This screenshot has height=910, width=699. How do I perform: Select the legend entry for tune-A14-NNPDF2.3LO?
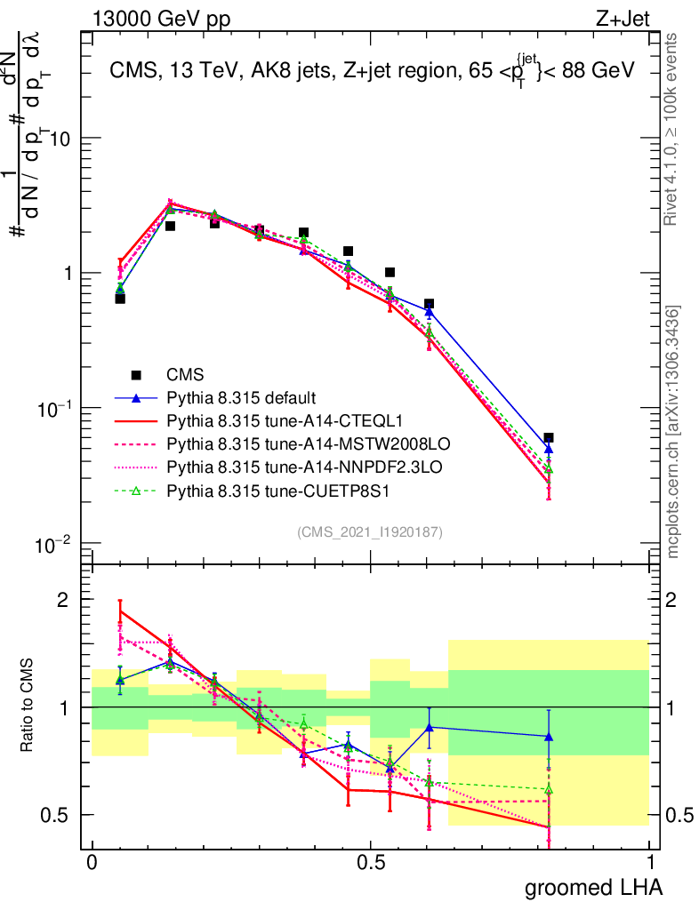point(288,466)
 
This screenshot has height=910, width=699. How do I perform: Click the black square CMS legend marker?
point(136,374)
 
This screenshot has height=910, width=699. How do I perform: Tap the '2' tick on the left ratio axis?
point(60,600)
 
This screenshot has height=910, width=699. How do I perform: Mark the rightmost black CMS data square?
point(549,437)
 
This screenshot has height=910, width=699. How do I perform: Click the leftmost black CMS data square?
point(120,299)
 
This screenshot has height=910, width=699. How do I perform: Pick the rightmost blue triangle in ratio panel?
point(549,737)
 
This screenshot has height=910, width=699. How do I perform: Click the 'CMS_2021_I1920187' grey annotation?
point(370,531)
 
